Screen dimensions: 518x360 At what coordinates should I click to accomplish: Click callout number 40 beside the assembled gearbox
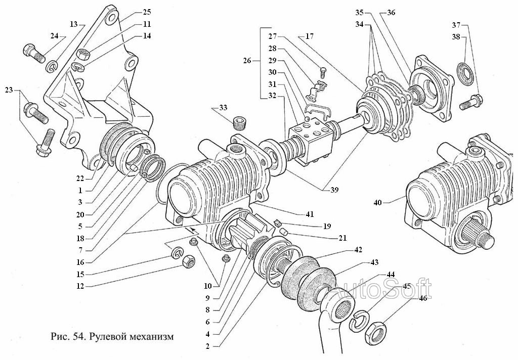pos(377,202)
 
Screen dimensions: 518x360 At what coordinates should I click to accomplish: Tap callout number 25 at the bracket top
pos(147,12)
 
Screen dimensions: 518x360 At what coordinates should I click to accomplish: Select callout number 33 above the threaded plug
pos(223,108)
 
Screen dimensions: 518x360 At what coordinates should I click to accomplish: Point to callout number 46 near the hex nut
pos(423,298)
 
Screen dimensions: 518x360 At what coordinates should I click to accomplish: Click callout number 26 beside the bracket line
pos(247,61)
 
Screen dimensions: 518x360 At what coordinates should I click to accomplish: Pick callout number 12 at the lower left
pos(80,286)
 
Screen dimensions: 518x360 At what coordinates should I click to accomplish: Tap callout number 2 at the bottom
pos(207,346)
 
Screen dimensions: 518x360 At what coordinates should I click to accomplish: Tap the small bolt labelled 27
pos(323,72)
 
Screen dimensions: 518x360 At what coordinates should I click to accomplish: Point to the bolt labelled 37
pos(471,102)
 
